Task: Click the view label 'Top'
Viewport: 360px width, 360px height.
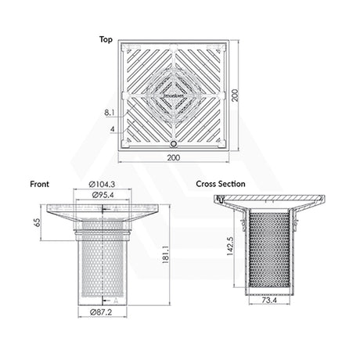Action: [x=106, y=38]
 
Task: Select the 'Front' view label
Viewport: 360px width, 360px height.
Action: [x=39, y=184]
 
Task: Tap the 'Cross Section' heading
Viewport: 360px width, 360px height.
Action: [x=221, y=184]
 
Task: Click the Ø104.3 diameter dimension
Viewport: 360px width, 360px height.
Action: [x=104, y=185]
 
